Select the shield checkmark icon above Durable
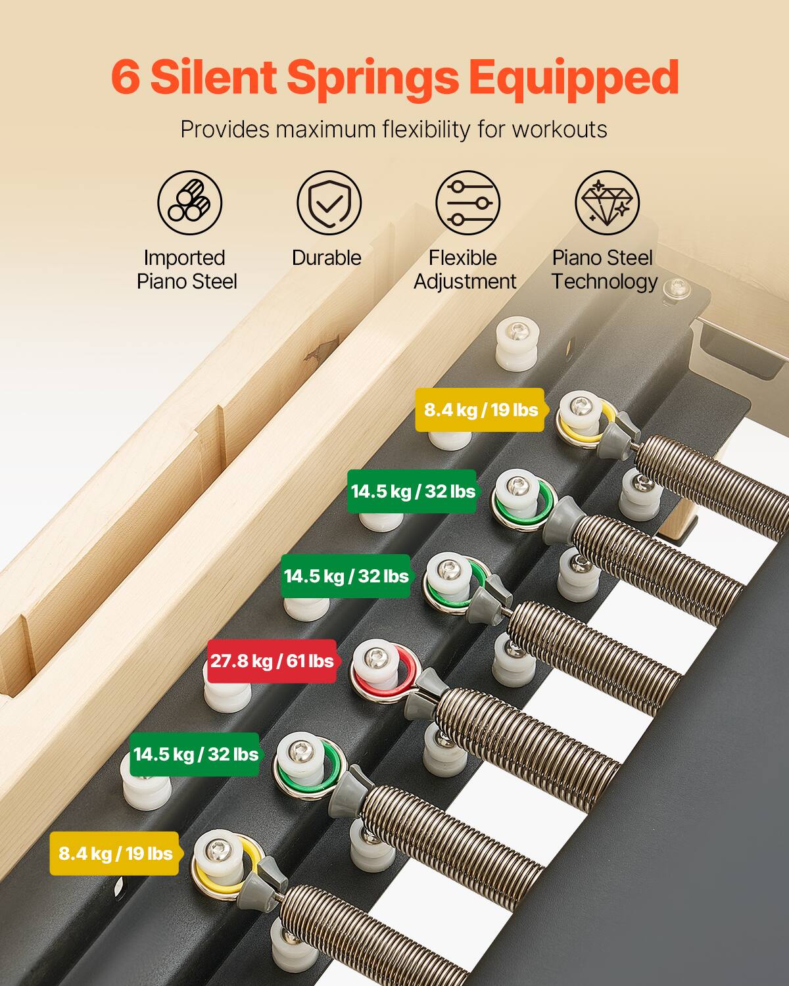pos(328,202)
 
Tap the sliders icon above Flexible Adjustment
pos(467,202)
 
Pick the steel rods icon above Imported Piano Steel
pos(189,202)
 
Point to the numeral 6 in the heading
pos(125,78)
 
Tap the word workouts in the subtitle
pos(560,129)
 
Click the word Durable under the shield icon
pos(327,258)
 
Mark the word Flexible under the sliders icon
pos(462,258)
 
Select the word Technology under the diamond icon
pos(604,281)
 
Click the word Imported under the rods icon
pos(184,258)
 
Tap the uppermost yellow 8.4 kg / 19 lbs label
pos(481,410)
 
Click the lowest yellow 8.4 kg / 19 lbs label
pos(115,854)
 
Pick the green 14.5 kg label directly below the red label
pos(196,754)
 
